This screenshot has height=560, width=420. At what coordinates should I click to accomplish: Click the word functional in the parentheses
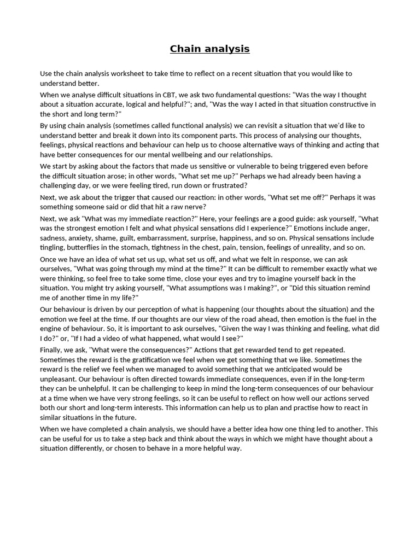coord(205,125)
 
